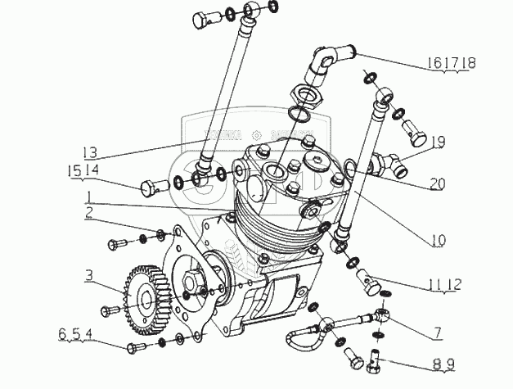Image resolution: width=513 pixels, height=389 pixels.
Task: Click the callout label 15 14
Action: click(x=83, y=170)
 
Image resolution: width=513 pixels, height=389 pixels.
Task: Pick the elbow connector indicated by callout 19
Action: click(x=386, y=165)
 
